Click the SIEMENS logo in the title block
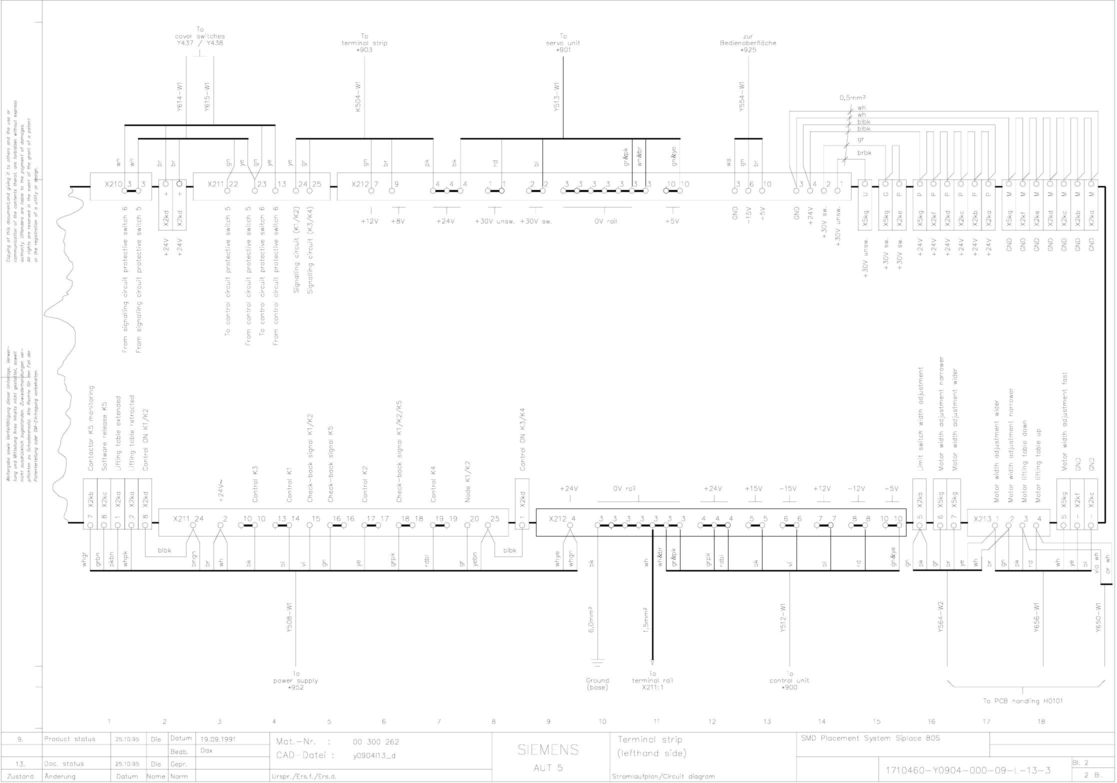[548, 749]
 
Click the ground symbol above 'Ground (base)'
[597, 663]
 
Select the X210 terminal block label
[113, 184]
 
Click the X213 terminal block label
[982, 519]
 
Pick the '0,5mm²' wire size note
[852, 98]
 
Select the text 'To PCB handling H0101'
[1023, 701]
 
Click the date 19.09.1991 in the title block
[218, 738]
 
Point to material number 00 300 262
[376, 741]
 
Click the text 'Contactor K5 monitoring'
[90, 428]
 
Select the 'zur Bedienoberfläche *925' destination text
[748, 43]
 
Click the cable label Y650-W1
[1098, 618]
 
